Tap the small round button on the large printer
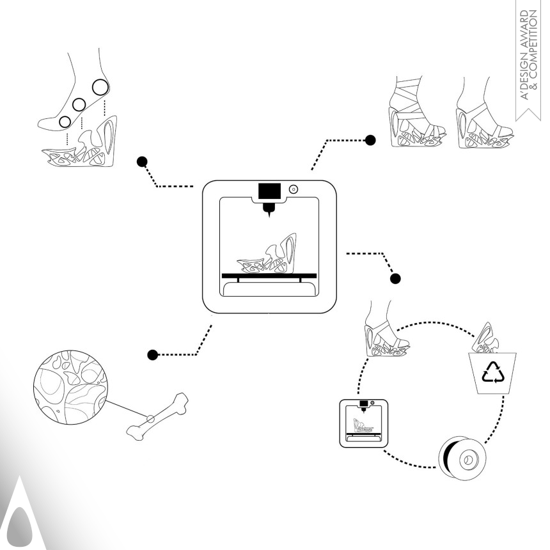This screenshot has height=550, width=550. [294, 189]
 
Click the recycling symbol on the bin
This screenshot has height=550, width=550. [493, 372]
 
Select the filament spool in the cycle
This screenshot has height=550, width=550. [462, 458]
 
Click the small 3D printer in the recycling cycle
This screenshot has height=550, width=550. [364, 423]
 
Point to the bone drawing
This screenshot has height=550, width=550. [157, 416]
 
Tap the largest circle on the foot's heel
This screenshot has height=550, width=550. [100, 87]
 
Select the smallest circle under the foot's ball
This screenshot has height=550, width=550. [65, 122]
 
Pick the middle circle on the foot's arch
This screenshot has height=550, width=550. [79, 104]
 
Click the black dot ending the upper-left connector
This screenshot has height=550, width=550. [142, 162]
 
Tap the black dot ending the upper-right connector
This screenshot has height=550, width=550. [370, 140]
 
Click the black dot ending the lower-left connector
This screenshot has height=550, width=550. [153, 355]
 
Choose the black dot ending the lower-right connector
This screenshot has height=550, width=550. [395, 279]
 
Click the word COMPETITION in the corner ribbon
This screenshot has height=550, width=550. [534, 49]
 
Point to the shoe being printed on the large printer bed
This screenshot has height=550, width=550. [267, 253]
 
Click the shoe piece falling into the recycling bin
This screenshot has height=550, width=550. [486, 338]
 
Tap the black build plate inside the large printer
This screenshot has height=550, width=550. [269, 276]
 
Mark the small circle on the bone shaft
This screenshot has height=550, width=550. [150, 418]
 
